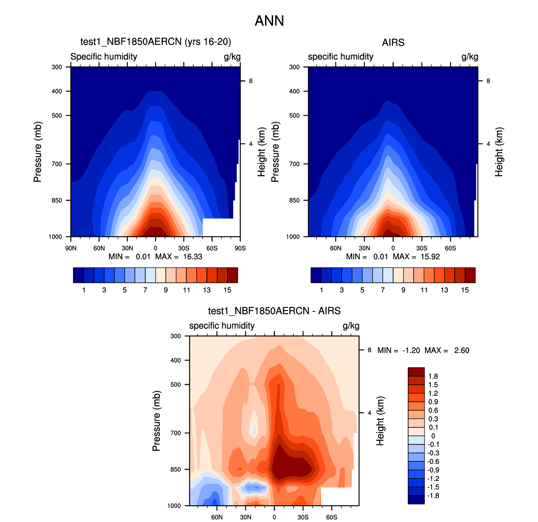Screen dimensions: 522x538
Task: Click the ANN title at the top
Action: coord(269,21)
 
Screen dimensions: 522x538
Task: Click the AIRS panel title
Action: coord(393,43)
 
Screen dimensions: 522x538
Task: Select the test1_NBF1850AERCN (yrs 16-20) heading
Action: coord(156,42)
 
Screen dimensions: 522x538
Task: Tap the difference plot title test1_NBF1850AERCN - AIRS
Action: coord(274,311)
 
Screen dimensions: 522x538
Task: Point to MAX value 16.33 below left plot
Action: coord(193,257)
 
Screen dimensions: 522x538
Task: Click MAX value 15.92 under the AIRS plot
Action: coord(430,257)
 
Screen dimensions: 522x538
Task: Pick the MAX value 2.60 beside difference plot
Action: coord(461,350)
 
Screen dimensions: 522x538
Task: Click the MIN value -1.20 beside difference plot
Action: coord(411,350)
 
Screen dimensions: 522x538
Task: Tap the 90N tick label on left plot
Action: coord(71,248)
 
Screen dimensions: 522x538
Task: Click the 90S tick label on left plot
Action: coord(240,248)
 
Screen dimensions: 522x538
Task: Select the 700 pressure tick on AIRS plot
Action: coord(294,164)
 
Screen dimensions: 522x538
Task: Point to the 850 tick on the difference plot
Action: coord(176,470)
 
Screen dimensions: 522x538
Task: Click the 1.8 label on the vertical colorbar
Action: coord(433,376)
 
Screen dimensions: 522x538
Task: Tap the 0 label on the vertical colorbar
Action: coord(433,436)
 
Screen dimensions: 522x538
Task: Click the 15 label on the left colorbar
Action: coord(227,290)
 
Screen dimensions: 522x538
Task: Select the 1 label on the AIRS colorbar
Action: coord(322,290)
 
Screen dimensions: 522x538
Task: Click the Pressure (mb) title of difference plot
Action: coord(156,421)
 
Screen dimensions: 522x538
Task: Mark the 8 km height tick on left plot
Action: coord(251,81)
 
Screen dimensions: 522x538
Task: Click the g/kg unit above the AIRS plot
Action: coord(470,57)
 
